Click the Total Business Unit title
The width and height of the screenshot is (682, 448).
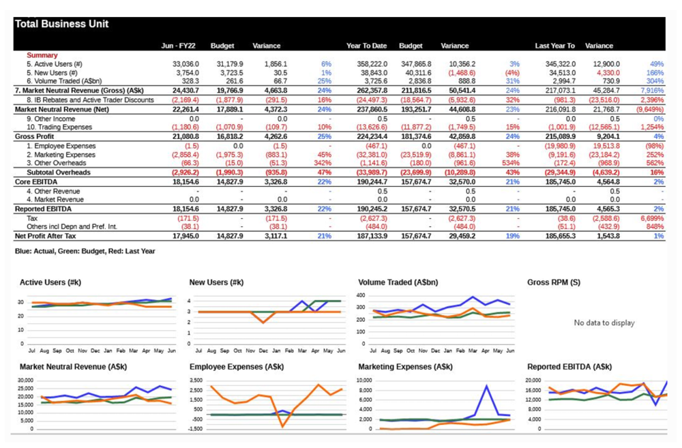point(61,24)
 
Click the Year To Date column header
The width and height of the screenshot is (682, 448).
point(366,46)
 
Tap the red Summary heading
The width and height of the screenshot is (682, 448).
point(42,55)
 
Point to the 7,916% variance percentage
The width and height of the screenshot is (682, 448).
point(652,90)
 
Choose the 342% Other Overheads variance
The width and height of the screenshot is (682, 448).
point(323,163)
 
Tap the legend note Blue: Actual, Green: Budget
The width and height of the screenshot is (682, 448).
point(85,251)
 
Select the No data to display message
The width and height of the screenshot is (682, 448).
point(604,323)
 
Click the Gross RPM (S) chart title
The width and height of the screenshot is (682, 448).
point(554,282)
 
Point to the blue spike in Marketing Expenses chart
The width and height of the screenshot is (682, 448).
point(486,387)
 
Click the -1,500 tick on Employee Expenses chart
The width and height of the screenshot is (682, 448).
point(195,429)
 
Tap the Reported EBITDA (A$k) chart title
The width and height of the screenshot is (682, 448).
point(567,367)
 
